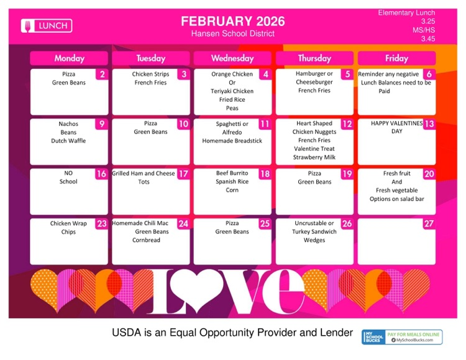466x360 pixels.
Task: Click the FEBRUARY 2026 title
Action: pos(233,21)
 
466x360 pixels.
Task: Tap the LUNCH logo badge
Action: pos(47,25)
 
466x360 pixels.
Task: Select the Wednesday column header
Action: pos(232,58)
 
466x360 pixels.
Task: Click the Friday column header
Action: pos(396,58)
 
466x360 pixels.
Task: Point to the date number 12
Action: pos(347,124)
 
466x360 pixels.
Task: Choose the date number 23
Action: pos(101,224)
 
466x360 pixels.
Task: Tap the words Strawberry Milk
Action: pos(314,157)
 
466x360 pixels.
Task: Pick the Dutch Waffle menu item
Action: pos(68,141)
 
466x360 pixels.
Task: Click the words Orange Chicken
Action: pos(232,74)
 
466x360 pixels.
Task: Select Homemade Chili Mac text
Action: pos(141,223)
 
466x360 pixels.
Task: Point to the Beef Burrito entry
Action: pos(232,173)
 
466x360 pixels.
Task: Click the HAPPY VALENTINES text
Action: pos(396,124)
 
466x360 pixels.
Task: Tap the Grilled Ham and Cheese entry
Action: pos(144,174)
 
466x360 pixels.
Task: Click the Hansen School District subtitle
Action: pos(233,34)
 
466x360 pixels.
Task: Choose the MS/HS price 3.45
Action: pos(427,38)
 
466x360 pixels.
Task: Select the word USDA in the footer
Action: pos(125,333)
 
